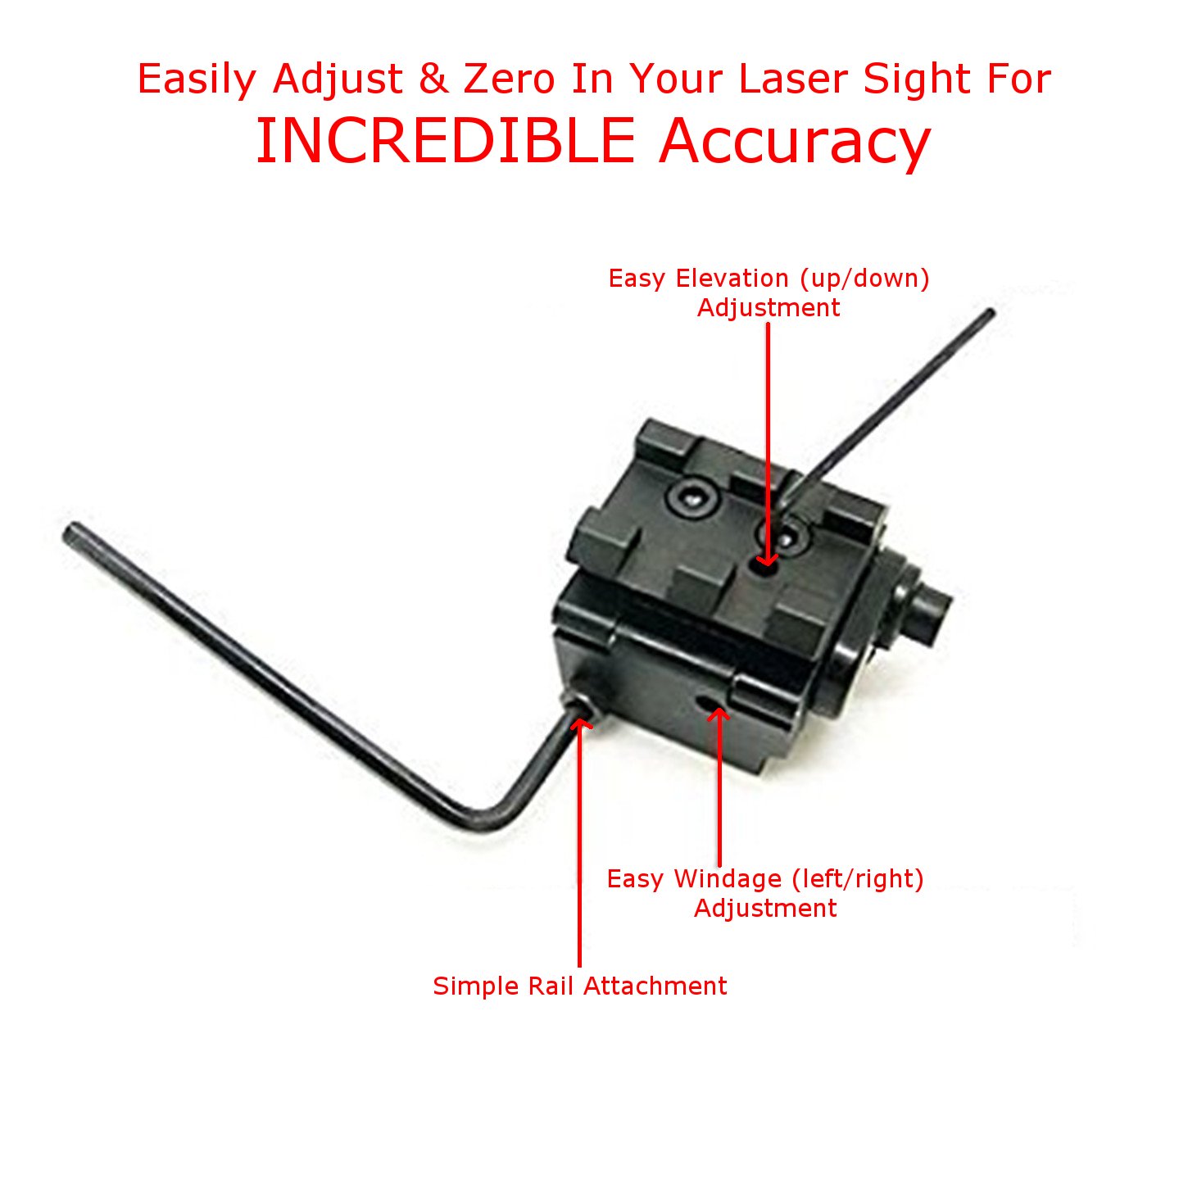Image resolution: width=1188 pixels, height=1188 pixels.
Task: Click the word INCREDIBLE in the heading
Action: [446, 141]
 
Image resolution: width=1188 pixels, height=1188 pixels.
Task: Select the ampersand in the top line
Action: [433, 79]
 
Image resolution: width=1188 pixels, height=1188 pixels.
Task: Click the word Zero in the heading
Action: [509, 79]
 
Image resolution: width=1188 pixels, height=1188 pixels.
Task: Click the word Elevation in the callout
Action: [733, 279]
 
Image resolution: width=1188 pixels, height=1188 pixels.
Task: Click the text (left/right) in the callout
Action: [858, 879]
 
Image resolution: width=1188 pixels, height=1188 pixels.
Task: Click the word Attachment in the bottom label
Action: [651, 986]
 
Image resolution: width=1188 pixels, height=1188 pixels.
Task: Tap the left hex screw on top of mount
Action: [691, 499]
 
